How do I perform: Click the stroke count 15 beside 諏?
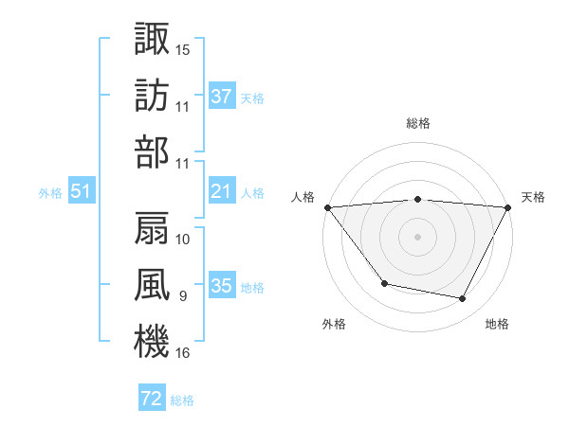183,48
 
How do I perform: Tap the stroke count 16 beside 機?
183,353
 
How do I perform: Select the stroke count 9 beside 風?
183,296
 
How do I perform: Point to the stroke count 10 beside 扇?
183,239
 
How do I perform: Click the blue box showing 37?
222,96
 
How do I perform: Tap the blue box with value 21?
222,191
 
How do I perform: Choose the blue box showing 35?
222,286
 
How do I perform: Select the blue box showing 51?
81,191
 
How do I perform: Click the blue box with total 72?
152,399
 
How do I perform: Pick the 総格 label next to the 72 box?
182,400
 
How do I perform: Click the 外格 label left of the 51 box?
50,192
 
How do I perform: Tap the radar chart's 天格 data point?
508,207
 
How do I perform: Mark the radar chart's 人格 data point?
327,207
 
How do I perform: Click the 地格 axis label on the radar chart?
497,324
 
